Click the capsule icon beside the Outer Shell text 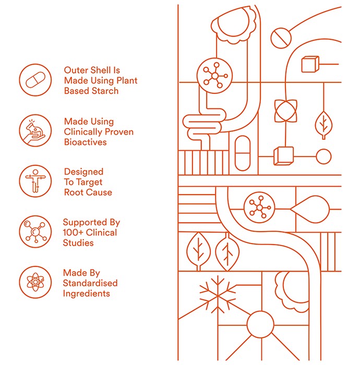click(35, 80)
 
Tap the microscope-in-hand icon click(35, 130)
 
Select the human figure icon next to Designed click(35, 181)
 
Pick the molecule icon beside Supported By click(35, 232)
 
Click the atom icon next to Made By click(35, 282)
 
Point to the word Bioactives click(85, 142)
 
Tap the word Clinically click(83, 132)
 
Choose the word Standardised click(90, 283)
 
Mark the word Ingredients click(86, 294)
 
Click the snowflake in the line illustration click(218, 295)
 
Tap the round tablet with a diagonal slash click(281, 38)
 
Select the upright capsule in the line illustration click(243, 153)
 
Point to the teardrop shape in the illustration click(310, 209)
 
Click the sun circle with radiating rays click(260, 324)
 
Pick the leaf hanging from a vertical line click(323, 125)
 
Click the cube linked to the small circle click(283, 156)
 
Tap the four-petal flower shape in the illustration click(285, 111)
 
